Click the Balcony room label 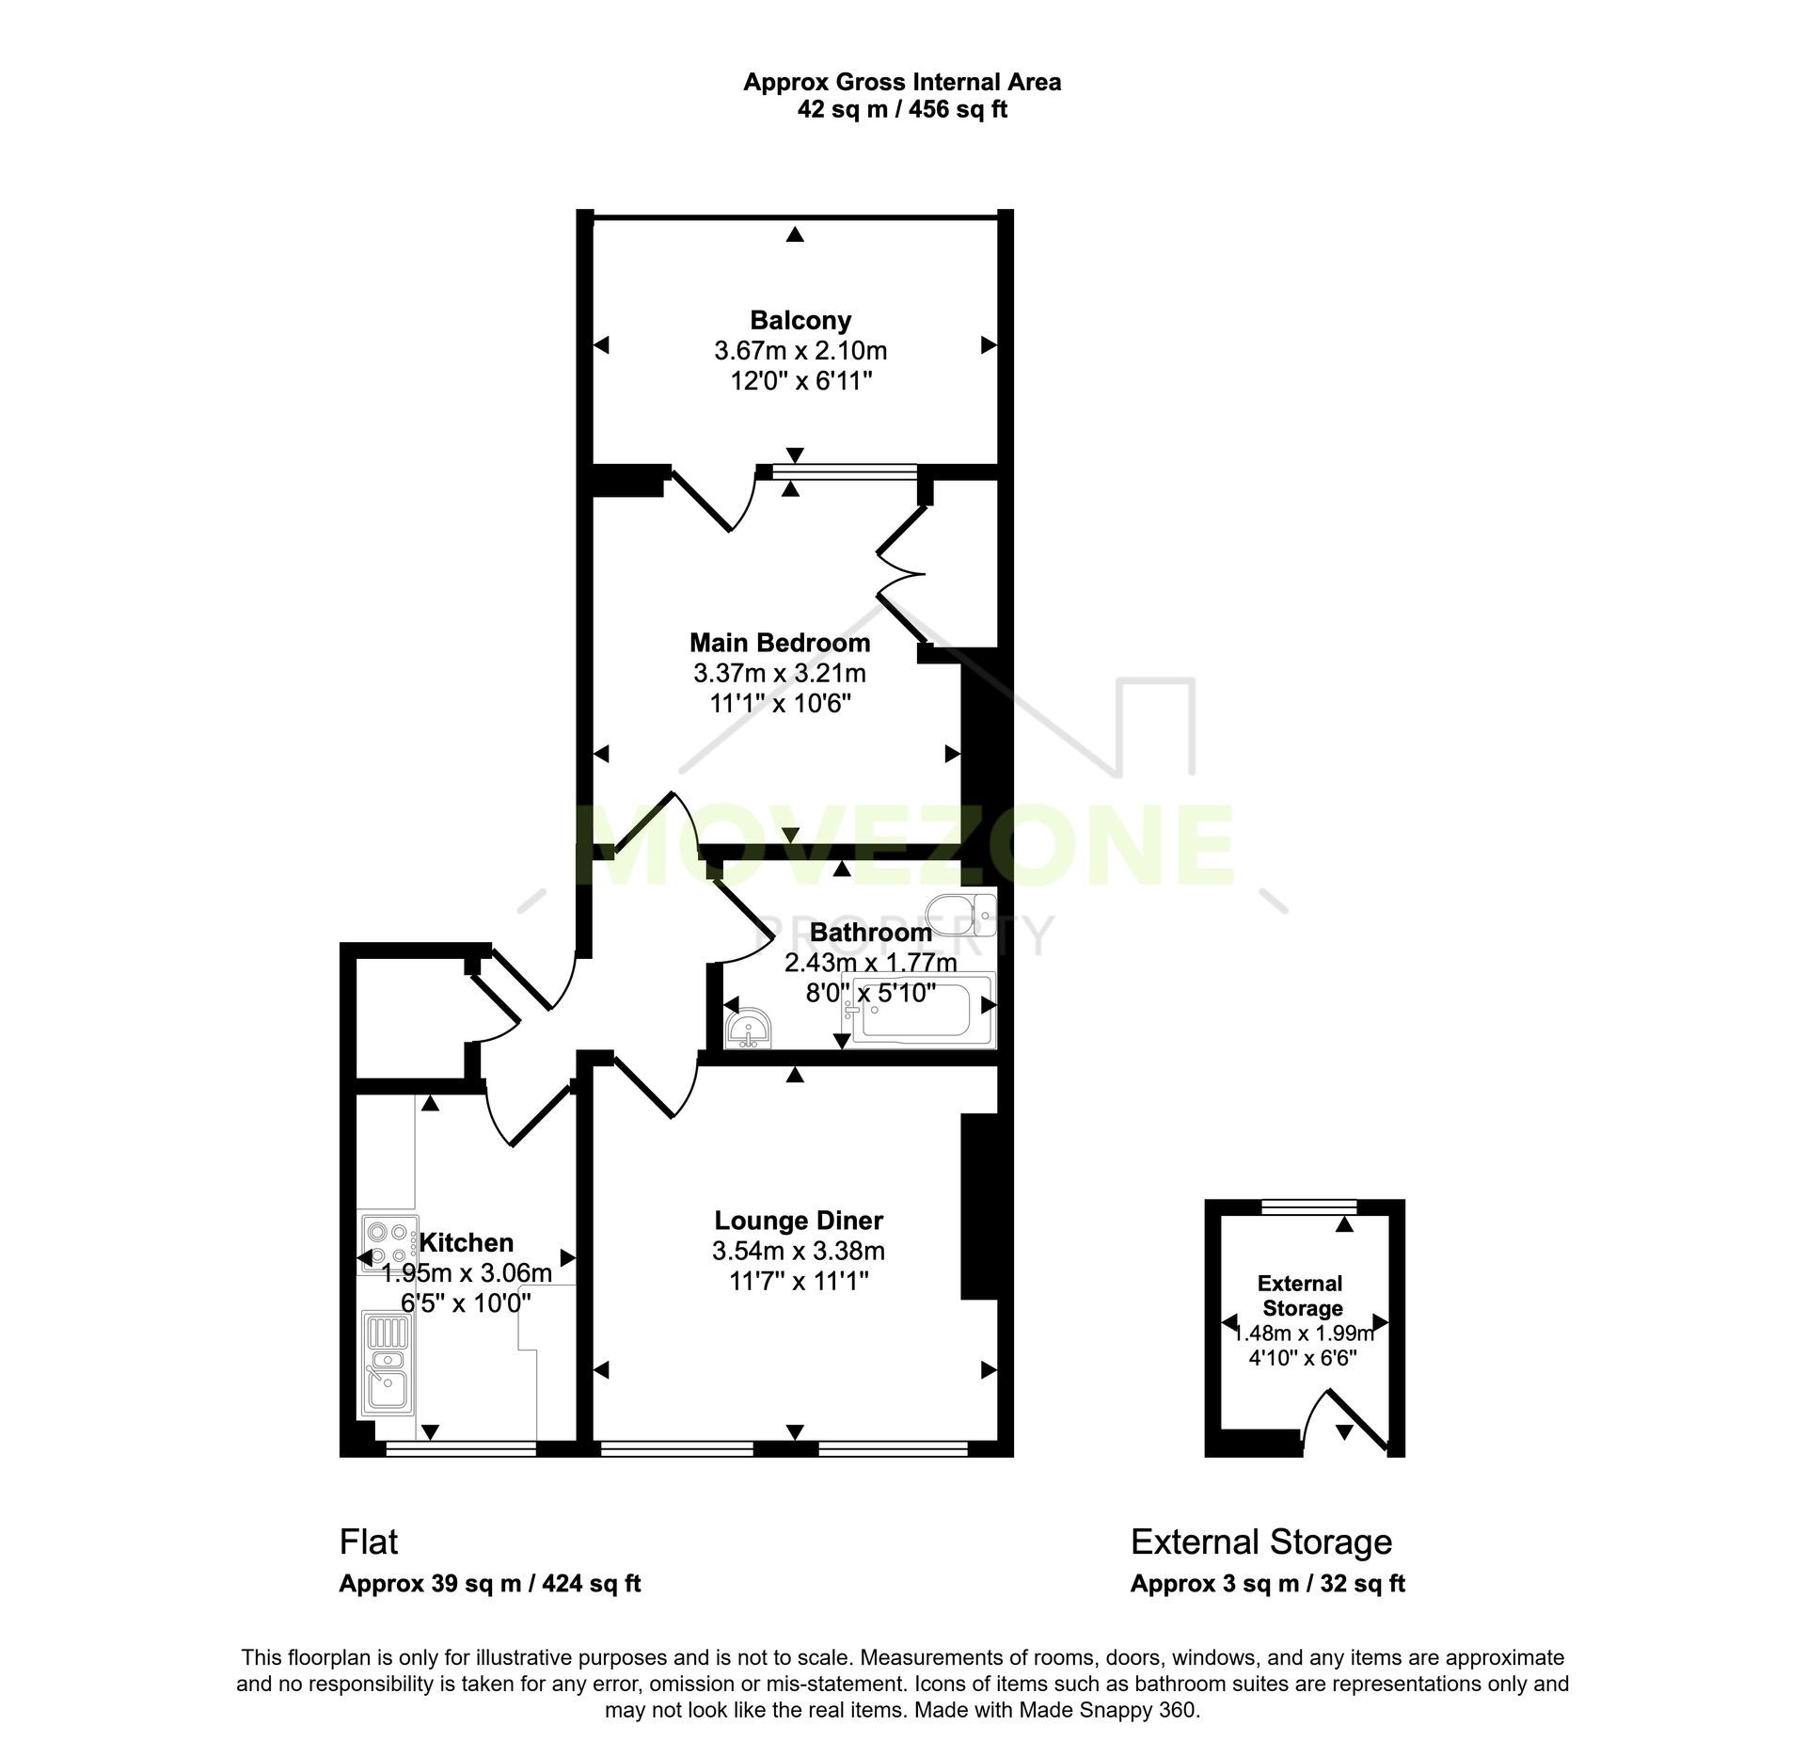click(x=800, y=321)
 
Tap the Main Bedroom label click(x=780, y=643)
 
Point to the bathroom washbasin click(x=749, y=1028)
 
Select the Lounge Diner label click(x=799, y=1221)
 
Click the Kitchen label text click(x=467, y=1242)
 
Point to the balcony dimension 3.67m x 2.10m click(x=800, y=351)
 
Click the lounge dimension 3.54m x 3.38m click(x=799, y=1251)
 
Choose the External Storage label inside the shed click(x=1301, y=1296)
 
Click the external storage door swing click(x=1345, y=1419)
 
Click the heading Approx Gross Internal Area click(x=902, y=82)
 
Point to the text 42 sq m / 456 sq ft click(x=902, y=110)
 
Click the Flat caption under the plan click(x=369, y=1542)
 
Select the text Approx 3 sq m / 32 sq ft click(x=1267, y=1584)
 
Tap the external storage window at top click(x=1309, y=1204)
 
